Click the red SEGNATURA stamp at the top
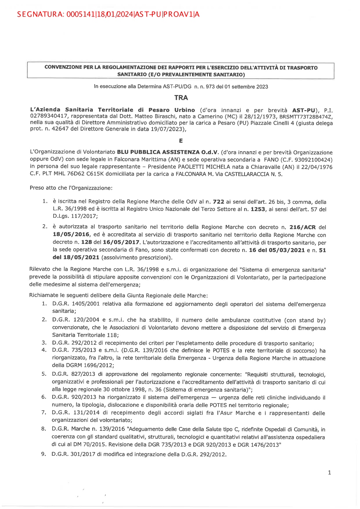coord(108,14)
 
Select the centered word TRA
coord(181,98)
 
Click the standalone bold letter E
coord(181,141)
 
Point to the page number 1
coord(329,473)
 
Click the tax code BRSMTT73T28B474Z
coord(306,117)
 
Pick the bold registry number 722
coord(219,202)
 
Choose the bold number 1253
coord(258,209)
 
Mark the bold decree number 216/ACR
coord(302,227)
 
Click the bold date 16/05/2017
coord(121,242)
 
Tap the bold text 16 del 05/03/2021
coord(277,250)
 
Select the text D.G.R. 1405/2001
coord(76,304)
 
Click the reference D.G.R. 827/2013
coord(74,374)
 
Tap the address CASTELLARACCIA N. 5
coord(253,174)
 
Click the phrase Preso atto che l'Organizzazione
coord(71,188)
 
